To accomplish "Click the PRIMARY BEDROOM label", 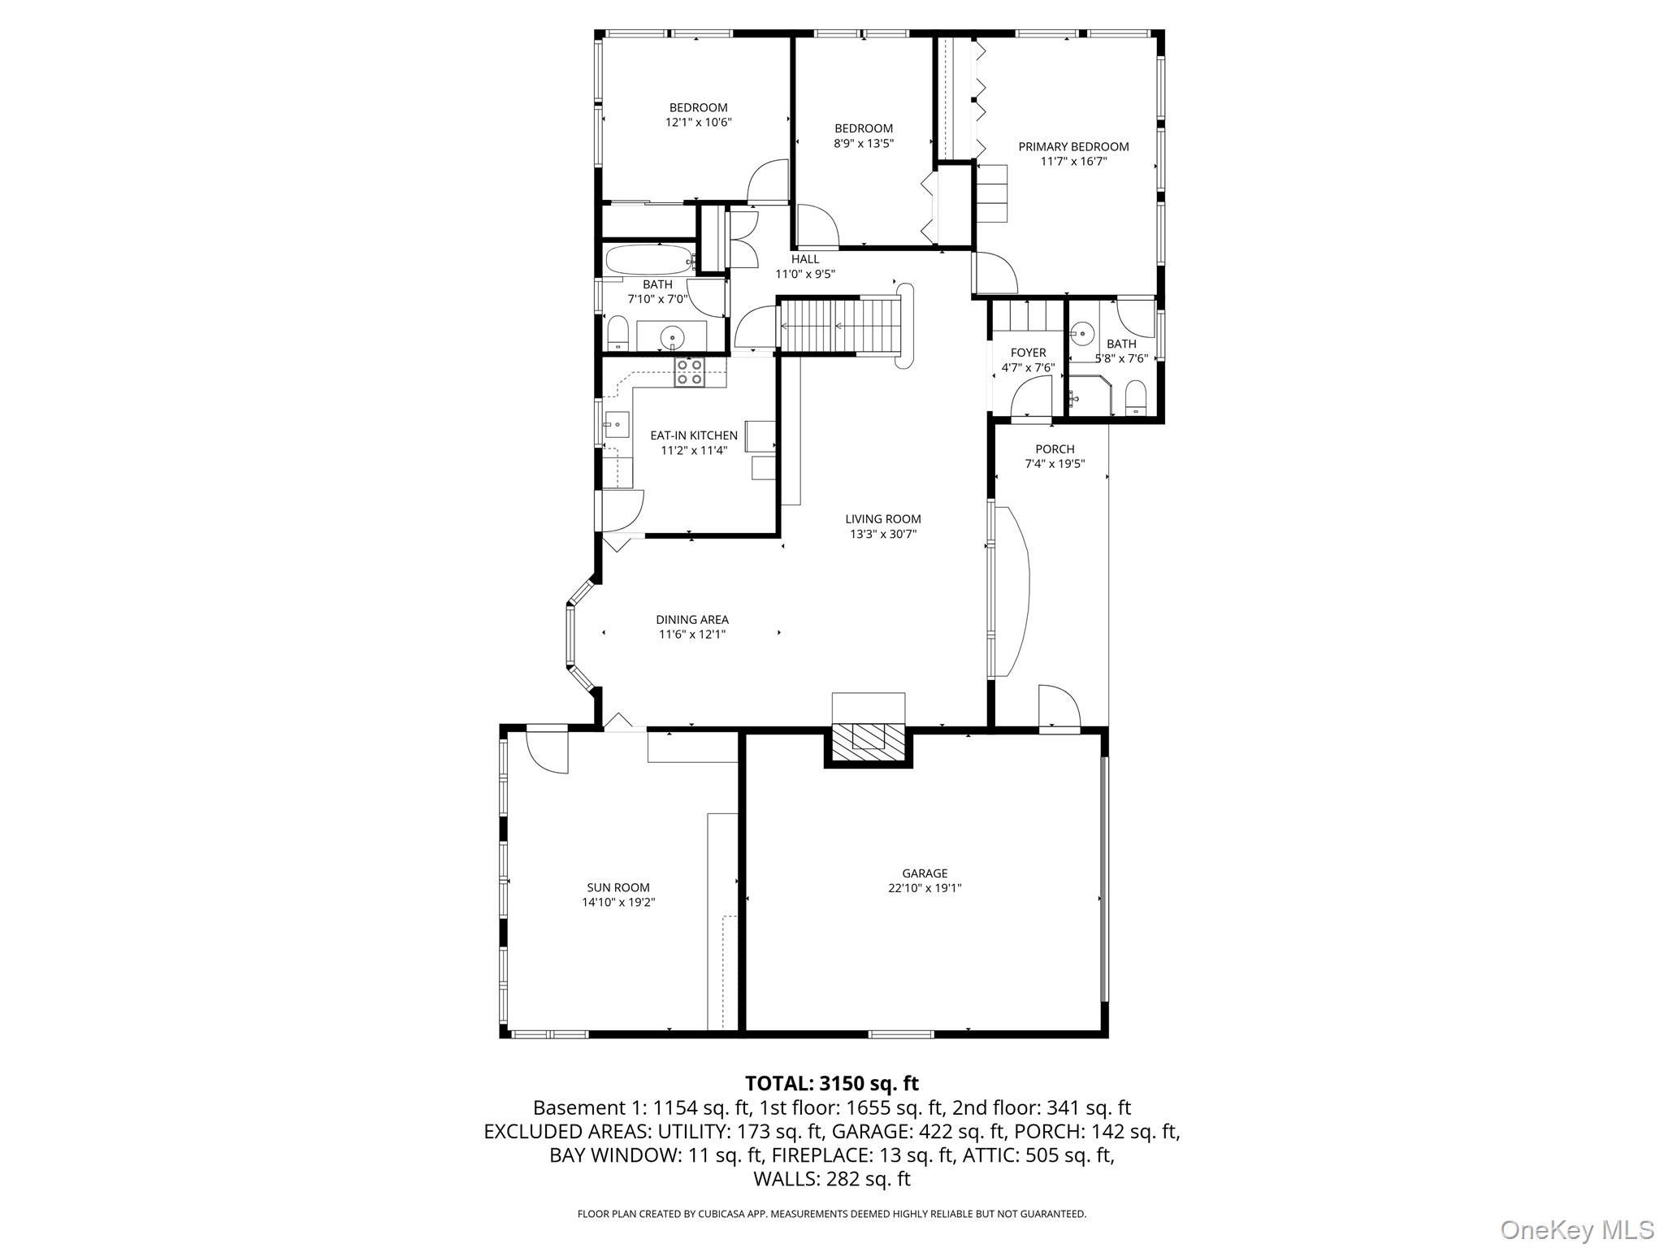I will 1073,147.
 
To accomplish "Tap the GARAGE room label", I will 924,873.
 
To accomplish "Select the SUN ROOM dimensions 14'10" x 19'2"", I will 618,902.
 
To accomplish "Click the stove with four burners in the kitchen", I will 690,372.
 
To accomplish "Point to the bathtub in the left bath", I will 648,261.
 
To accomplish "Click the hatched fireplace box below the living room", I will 869,739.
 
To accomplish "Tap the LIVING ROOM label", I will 882,519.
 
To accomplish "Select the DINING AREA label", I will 692,620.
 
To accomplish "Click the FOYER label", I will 1028,353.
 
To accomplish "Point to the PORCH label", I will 1055,449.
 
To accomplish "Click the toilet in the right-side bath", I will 1134,400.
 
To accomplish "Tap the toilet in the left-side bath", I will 618,334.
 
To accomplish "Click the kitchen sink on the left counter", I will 616,425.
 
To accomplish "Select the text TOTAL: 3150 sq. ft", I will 831,1083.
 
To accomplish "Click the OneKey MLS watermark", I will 1576,1229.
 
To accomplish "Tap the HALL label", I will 805,259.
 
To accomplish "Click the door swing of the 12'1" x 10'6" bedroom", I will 768,182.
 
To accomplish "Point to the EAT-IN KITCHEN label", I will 694,435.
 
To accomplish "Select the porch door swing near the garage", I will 1058,704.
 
